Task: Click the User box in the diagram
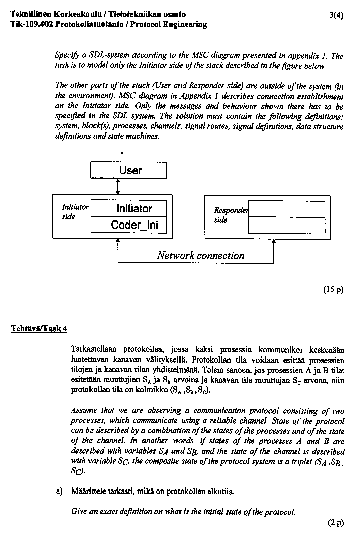(x=128, y=170)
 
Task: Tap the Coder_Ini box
(x=128, y=225)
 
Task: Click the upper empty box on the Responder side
(x=286, y=209)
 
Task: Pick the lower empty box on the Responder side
(x=286, y=225)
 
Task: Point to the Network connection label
(x=200, y=256)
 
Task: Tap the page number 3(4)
(x=336, y=15)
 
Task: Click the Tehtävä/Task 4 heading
(x=39, y=329)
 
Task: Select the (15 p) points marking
(x=333, y=290)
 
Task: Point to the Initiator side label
(x=74, y=212)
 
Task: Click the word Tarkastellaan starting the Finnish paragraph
(x=94, y=349)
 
